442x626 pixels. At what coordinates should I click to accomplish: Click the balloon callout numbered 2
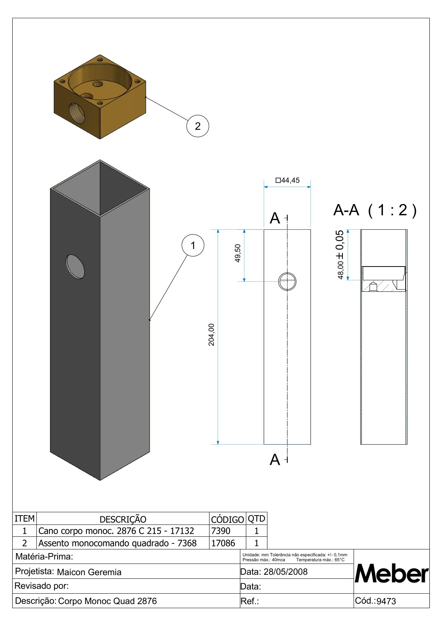198,126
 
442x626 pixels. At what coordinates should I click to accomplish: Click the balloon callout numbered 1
193,245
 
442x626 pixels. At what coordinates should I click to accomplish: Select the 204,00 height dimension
211,335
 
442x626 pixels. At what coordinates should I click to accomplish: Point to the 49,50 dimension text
238,253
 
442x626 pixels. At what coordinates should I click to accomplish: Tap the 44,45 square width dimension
287,180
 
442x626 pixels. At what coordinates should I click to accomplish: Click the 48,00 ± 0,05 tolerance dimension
340,254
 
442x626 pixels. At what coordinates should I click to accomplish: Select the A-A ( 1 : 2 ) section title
375,210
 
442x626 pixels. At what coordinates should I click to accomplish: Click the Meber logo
391,574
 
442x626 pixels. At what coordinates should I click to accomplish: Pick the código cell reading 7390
221,531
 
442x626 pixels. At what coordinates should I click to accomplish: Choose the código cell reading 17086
223,543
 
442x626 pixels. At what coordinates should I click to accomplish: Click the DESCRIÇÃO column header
123,519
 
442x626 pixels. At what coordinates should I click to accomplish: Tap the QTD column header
256,519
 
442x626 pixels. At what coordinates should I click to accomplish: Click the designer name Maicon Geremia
89,572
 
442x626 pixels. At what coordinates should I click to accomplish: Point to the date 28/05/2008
285,572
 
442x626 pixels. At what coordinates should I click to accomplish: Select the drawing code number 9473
386,601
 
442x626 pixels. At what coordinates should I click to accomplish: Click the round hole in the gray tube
75,267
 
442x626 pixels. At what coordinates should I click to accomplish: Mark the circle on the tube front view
287,281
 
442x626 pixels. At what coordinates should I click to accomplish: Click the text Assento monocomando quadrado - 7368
117,543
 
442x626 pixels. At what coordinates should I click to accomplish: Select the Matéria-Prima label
44,556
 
